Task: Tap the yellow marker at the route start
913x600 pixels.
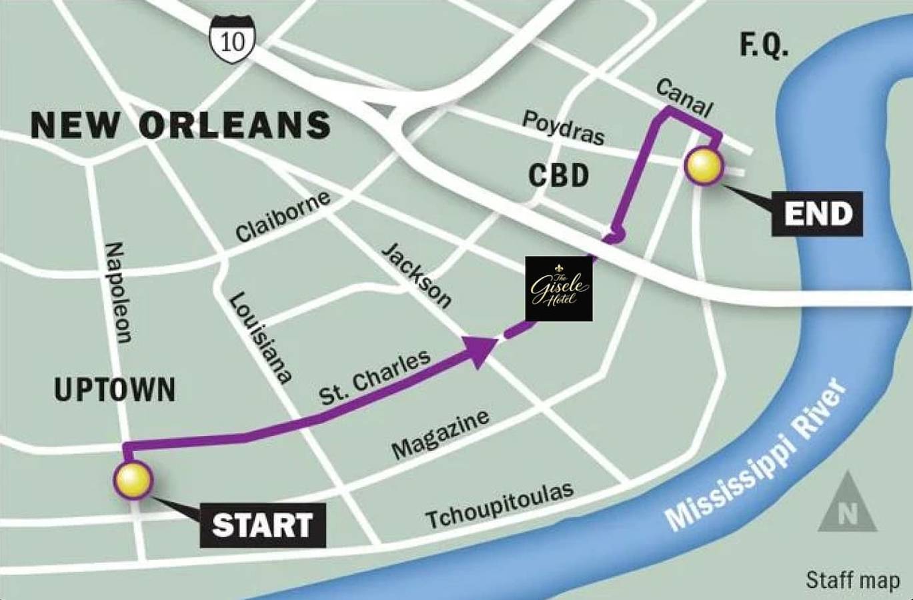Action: [x=133, y=481]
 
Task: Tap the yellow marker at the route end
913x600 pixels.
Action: [x=704, y=166]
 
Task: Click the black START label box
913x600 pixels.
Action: [x=263, y=525]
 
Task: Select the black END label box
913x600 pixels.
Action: [x=817, y=213]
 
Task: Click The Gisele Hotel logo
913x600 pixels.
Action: [x=559, y=289]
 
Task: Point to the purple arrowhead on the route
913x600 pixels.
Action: [x=481, y=351]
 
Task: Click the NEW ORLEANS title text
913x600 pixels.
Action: [x=181, y=125]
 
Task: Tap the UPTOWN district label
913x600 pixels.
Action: [x=115, y=390]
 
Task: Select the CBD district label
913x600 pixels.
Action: [x=559, y=176]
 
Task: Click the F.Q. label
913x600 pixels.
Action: [x=764, y=45]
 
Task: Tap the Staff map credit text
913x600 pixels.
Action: [x=853, y=579]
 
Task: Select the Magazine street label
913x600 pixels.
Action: [x=440, y=435]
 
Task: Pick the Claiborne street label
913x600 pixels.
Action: [x=283, y=217]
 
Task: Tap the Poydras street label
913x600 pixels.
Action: [x=564, y=127]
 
